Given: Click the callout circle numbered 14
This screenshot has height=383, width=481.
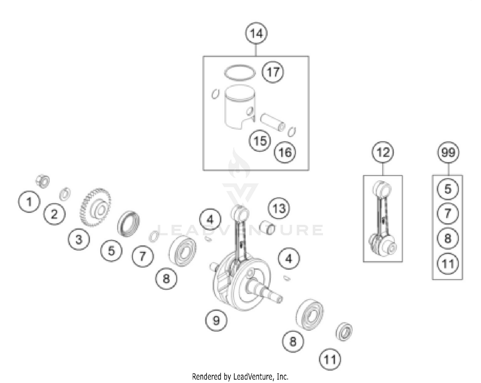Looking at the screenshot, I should tap(256, 33).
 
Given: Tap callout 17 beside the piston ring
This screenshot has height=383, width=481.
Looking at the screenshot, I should tap(273, 72).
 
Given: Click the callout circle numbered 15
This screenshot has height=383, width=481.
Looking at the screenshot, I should tap(260, 140).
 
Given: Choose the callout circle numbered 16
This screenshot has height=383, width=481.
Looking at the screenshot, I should tap(285, 152).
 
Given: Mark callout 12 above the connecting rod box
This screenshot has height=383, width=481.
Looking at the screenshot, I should tap(383, 152).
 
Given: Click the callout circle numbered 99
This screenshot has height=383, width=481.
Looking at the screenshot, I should tap(448, 152).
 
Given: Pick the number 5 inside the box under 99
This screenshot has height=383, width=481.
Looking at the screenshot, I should tap(448, 189).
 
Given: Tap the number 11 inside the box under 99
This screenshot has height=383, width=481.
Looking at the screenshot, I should tap(448, 264).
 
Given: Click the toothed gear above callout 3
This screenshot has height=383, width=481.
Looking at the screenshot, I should tap(95, 207).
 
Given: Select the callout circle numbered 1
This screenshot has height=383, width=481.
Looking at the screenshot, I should tap(29, 202).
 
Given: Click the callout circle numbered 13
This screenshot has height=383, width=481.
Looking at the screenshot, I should tap(279, 209).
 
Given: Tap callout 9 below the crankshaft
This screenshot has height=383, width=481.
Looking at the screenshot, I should tap(216, 320).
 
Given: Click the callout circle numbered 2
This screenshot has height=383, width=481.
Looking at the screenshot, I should tap(55, 214).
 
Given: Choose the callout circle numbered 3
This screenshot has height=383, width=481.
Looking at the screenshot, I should tap(79, 240).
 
